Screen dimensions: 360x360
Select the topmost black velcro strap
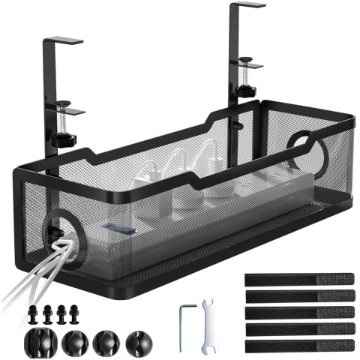click(298, 279)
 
